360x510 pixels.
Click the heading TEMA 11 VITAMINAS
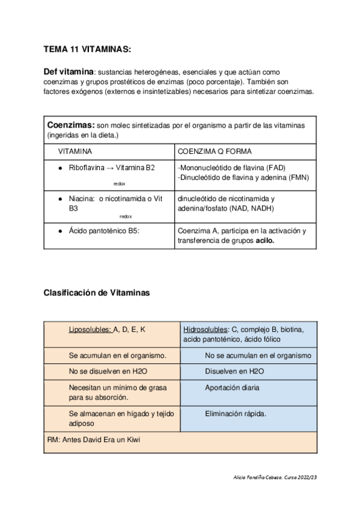point(87,49)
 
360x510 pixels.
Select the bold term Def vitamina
point(69,71)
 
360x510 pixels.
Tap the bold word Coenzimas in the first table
point(70,124)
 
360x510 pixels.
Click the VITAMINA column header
point(75,152)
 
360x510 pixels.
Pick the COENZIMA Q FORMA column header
point(215,152)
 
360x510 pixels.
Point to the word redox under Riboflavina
point(119,183)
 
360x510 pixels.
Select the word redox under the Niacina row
point(126,216)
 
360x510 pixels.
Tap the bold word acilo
point(266,241)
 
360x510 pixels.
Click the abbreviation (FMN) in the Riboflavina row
point(296,177)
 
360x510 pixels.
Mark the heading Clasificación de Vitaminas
point(96,293)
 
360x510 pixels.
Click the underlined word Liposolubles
point(90,330)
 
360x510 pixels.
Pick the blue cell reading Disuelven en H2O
point(234,371)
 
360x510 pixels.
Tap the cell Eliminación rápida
point(235,414)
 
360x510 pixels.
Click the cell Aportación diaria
point(232,388)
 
